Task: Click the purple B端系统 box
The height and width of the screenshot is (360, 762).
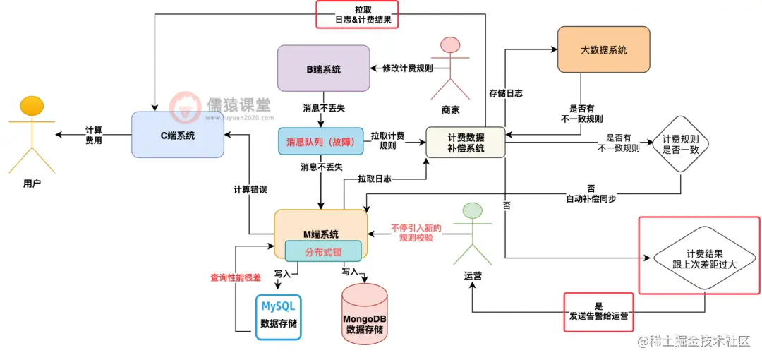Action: [x=323, y=68]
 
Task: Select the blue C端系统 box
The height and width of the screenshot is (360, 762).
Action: [x=177, y=134]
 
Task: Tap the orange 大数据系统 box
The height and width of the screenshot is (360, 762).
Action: [x=603, y=49]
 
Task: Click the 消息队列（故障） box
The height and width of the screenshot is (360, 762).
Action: [x=320, y=141]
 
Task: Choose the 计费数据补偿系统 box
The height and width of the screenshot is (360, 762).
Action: [x=465, y=143]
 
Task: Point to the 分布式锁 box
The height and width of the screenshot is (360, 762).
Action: [x=323, y=251]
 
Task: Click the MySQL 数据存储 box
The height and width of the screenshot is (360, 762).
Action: [x=278, y=316]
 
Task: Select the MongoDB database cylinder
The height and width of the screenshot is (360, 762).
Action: [x=364, y=314]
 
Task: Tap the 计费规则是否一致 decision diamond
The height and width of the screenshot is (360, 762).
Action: [x=680, y=145]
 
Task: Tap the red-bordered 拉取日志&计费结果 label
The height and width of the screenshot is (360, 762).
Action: [x=356, y=13]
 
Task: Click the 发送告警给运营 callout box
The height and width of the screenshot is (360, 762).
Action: [x=598, y=311]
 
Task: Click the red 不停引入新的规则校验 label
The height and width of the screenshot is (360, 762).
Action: [x=416, y=232]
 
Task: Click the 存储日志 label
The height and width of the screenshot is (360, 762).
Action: [x=505, y=92]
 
